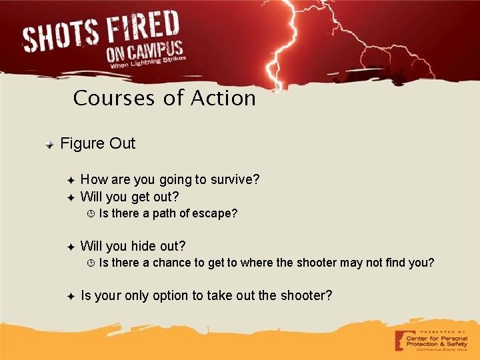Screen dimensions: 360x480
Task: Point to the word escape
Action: click(215, 214)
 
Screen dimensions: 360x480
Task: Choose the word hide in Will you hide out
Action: click(145, 246)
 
